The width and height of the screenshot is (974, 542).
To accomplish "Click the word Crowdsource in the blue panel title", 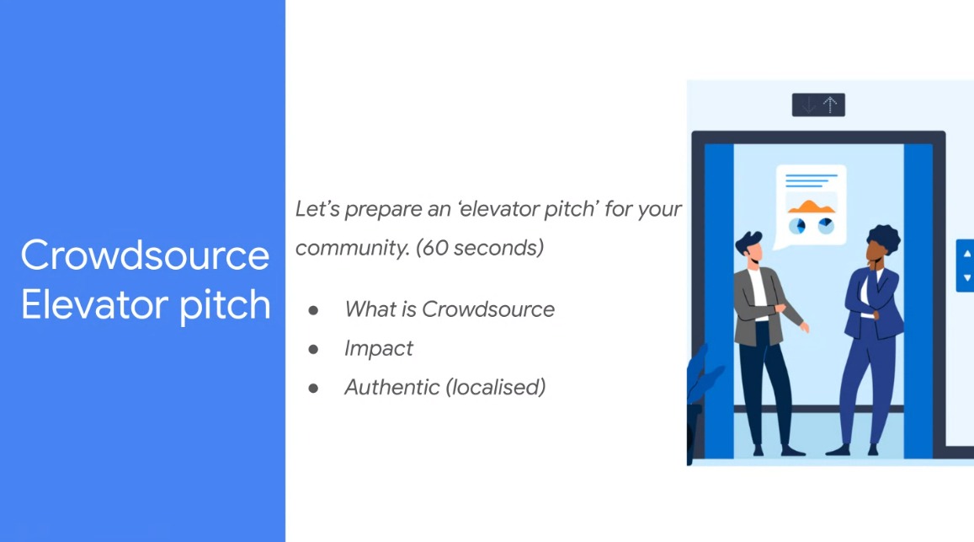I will point(145,255).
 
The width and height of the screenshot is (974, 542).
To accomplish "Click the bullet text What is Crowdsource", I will point(450,309).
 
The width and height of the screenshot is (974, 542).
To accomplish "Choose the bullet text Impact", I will point(379,348).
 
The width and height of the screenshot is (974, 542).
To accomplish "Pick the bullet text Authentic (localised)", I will point(445,387).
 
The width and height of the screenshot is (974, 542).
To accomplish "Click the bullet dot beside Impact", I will point(314,349).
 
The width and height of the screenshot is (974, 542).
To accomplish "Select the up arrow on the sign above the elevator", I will point(831,105).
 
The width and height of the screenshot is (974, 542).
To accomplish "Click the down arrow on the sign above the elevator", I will point(808,105).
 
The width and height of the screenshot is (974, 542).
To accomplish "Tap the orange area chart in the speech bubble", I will point(811,205).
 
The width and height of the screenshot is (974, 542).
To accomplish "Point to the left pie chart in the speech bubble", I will point(796,226).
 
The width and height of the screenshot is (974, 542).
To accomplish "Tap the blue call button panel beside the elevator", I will point(966,266).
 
